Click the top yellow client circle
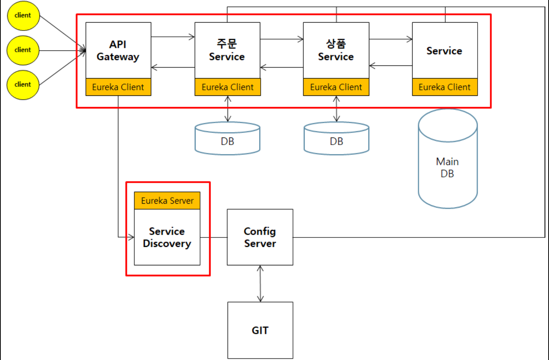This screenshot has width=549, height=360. click(x=23, y=16)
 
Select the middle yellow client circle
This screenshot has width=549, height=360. click(x=23, y=50)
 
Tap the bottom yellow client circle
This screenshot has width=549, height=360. click(x=23, y=85)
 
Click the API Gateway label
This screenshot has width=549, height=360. click(x=118, y=50)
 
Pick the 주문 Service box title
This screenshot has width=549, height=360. click(x=227, y=50)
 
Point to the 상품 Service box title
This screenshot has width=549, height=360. click(x=336, y=50)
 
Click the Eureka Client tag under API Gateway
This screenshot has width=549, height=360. click(x=118, y=87)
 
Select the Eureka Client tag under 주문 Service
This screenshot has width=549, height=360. click(x=228, y=87)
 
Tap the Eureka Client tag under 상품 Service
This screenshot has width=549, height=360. click(x=336, y=87)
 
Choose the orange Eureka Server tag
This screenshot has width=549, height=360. click(x=167, y=201)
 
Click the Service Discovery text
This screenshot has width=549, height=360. click(x=167, y=237)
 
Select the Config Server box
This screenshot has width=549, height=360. click(x=260, y=237)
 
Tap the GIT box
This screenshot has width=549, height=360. click(x=260, y=330)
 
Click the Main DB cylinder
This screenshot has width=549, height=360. click(x=448, y=159)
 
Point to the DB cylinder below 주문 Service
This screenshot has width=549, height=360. click(x=227, y=138)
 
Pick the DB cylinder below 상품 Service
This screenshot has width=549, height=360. click(x=337, y=138)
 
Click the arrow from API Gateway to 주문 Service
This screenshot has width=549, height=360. click(x=173, y=37)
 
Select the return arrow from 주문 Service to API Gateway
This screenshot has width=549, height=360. click(x=173, y=67)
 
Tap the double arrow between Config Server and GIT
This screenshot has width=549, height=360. click(x=260, y=284)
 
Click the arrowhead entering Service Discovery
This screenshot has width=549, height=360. click(x=131, y=237)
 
